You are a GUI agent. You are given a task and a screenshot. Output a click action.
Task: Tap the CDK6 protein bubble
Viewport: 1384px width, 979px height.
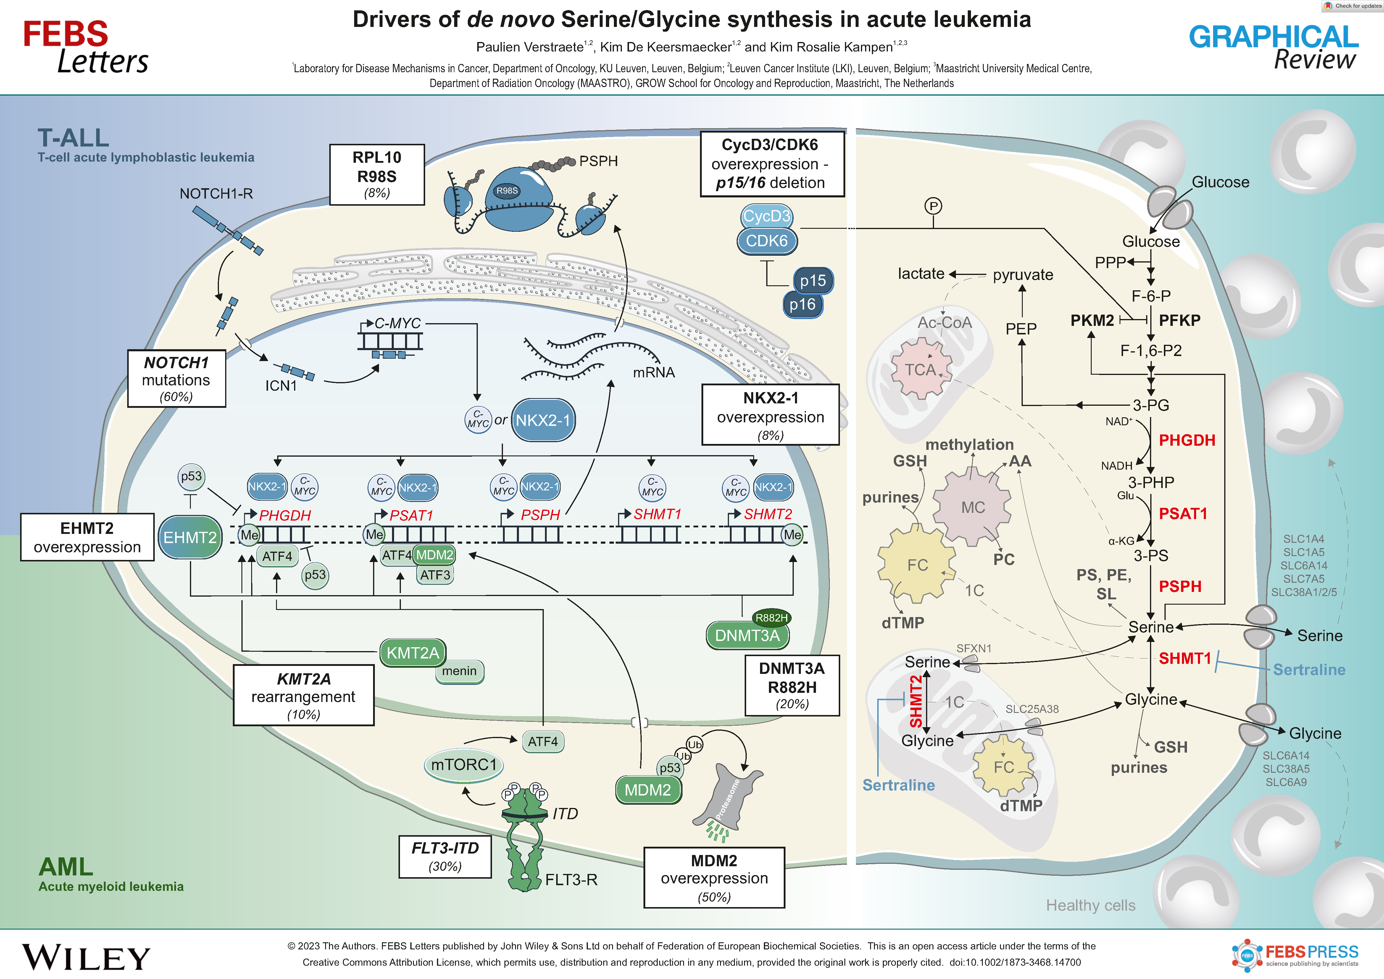click(x=767, y=241)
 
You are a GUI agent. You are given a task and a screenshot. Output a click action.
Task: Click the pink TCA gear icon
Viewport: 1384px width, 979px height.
click(x=920, y=369)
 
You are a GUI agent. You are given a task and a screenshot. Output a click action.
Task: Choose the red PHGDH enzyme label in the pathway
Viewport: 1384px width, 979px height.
click(x=1186, y=441)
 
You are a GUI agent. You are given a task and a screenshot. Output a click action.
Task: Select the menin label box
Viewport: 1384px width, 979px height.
click(x=459, y=671)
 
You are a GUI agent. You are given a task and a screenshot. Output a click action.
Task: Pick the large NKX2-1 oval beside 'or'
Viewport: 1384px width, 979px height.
click(x=543, y=420)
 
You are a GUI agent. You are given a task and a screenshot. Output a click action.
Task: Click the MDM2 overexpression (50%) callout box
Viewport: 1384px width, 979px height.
click(x=714, y=878)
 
